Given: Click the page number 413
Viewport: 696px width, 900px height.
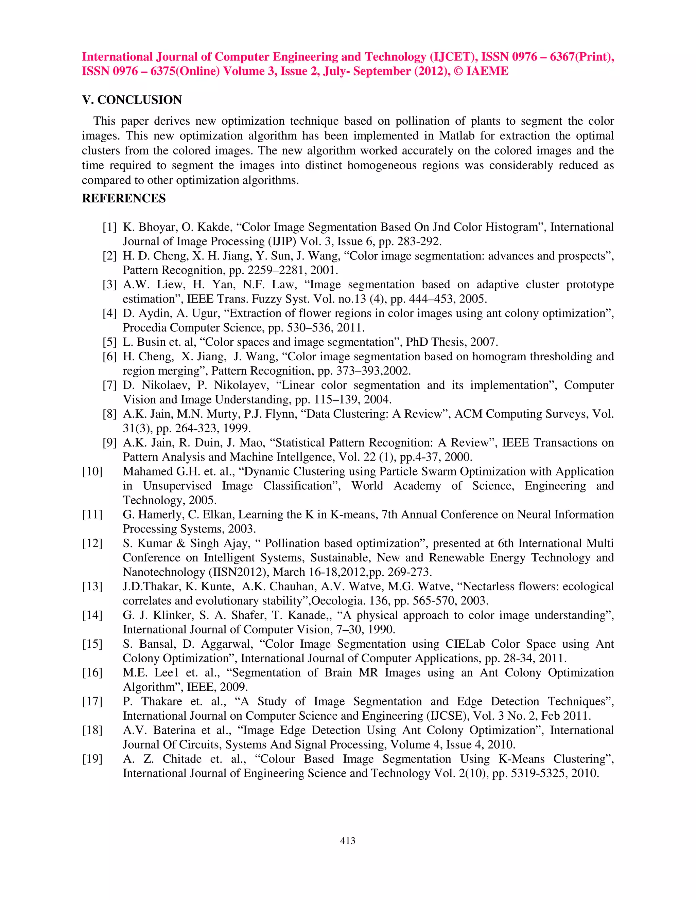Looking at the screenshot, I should [348, 841].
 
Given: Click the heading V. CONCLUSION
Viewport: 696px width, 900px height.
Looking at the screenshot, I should [132, 100].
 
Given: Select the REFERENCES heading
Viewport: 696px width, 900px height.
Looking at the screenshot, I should [124, 198].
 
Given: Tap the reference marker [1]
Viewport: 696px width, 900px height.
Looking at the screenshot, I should [109, 227].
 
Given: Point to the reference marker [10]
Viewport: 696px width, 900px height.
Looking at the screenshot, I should [92, 471].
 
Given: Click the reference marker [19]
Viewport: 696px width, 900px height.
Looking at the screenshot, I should [92, 759].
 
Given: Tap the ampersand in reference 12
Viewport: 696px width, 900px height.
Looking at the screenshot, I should [180, 543].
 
